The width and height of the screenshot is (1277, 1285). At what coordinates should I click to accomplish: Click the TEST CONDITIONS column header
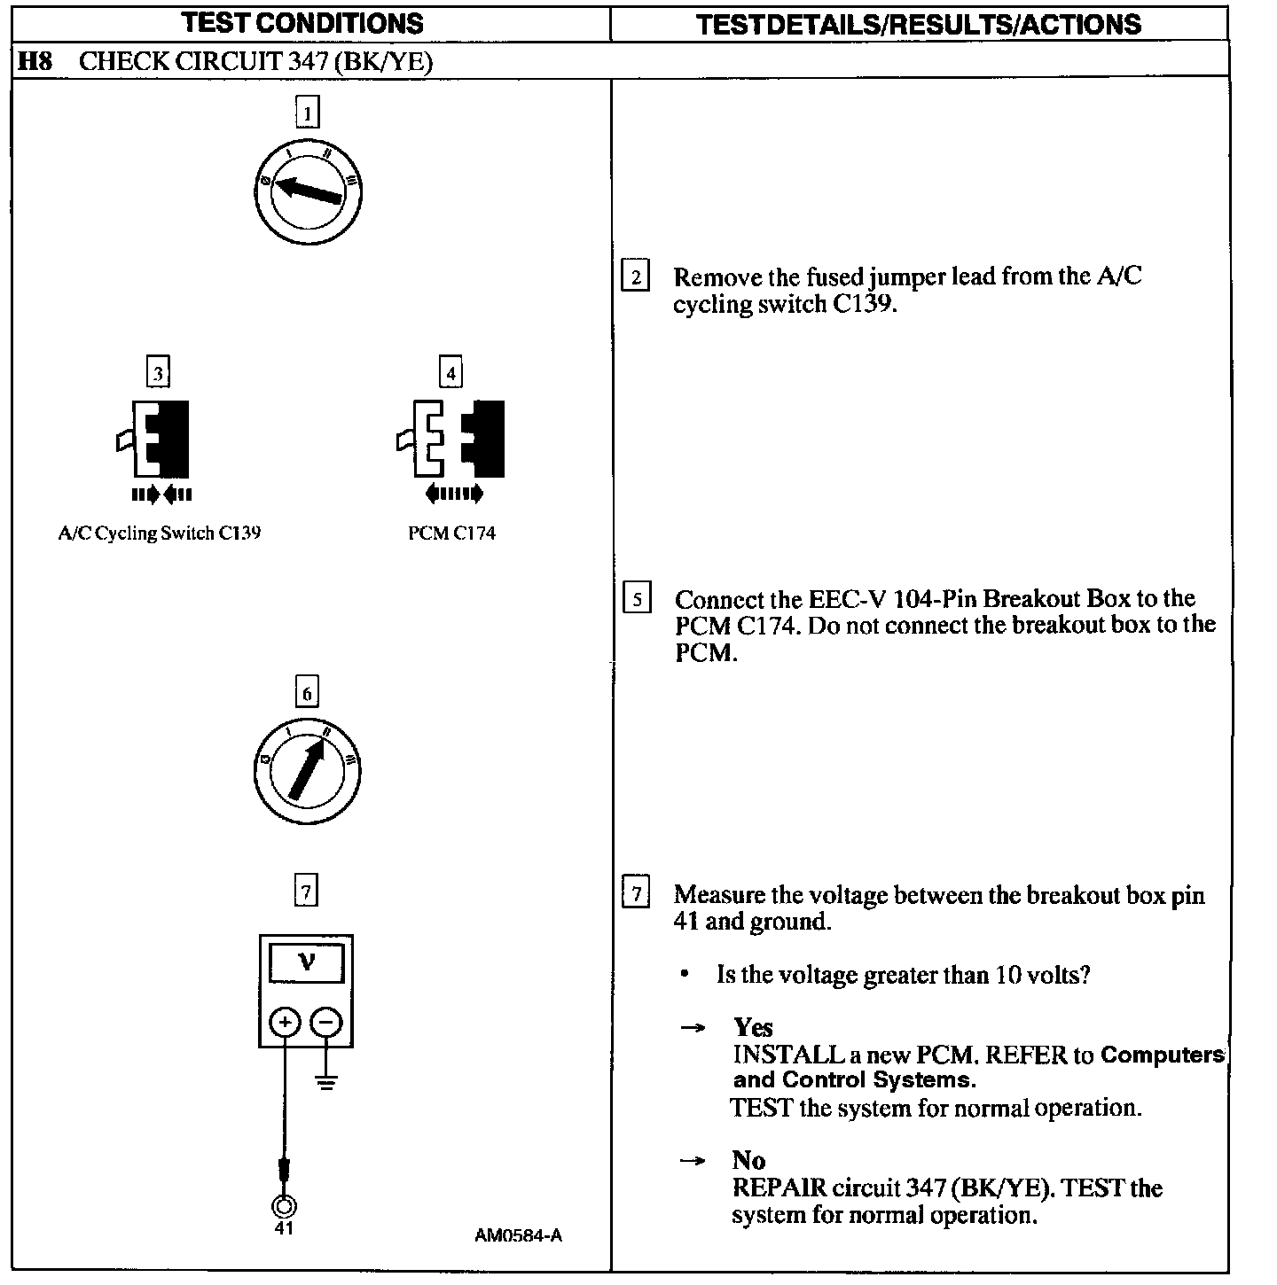pyautogui.click(x=302, y=22)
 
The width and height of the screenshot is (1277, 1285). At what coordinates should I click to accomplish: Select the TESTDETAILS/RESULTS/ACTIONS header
pyautogui.click(x=919, y=24)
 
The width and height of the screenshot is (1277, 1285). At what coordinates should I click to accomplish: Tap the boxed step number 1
pyautogui.click(x=307, y=113)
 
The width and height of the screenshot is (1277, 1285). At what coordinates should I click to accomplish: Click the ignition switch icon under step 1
pyautogui.click(x=307, y=191)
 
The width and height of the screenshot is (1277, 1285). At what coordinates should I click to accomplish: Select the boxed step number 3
pyautogui.click(x=158, y=373)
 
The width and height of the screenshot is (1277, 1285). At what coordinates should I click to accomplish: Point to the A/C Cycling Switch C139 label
pyautogui.click(x=160, y=533)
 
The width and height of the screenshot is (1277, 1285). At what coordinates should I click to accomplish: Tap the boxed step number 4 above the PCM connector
pyautogui.click(x=450, y=373)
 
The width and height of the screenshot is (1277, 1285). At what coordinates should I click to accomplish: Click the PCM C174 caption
pyautogui.click(x=451, y=533)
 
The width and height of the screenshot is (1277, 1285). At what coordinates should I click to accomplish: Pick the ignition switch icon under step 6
pyautogui.click(x=307, y=767)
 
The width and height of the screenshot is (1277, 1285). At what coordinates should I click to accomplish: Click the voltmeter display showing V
pyautogui.click(x=306, y=962)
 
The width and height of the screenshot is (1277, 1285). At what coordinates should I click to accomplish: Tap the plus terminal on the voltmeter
pyautogui.click(x=285, y=1024)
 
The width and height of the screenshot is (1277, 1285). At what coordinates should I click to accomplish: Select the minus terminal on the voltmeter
pyautogui.click(x=326, y=1024)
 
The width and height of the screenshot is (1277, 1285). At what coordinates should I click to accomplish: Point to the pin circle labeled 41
pyautogui.click(x=284, y=1205)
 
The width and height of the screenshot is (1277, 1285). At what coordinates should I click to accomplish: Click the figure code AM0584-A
pyautogui.click(x=518, y=1235)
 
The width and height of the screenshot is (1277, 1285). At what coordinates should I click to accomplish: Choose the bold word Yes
pyautogui.click(x=753, y=1027)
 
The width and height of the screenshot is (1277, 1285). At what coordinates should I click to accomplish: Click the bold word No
pyautogui.click(x=748, y=1160)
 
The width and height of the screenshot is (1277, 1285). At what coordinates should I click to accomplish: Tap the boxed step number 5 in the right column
pyautogui.click(x=637, y=599)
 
